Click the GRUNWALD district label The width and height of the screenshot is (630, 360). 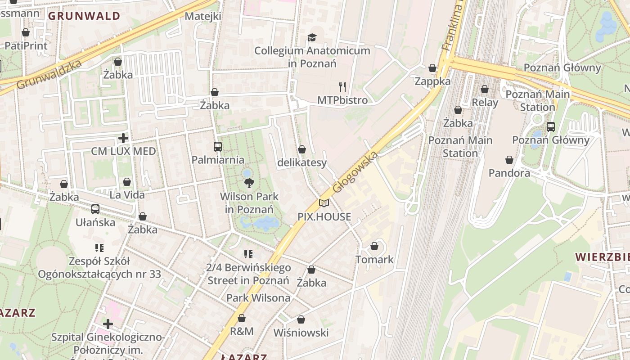pos(84,16)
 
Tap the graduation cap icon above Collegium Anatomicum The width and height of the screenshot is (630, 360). pos(312,37)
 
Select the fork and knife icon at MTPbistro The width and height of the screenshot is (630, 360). pos(343,86)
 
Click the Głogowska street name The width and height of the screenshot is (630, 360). pos(355,172)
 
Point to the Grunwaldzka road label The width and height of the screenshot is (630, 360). pos(49,75)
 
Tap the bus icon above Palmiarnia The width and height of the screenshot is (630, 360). pos(218,146)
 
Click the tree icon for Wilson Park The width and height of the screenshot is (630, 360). pos(249,183)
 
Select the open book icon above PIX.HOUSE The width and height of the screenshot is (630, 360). pos(324,203)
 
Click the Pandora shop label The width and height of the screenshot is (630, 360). pos(509,173)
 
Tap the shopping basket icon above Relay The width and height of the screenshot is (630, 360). pos(485,89)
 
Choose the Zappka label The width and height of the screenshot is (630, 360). pos(432,81)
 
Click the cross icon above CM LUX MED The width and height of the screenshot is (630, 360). pos(123,138)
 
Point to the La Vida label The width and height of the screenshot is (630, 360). pos(127,195)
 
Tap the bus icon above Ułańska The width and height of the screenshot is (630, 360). pos(95,209)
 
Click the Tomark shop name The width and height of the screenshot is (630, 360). pos(374,260)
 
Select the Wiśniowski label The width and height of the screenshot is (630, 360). pos(301,333)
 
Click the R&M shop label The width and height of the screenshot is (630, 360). pos(242,332)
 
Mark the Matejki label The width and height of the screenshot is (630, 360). pos(203,16)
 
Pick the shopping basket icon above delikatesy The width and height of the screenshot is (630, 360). pos(302,149)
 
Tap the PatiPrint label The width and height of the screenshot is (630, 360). pos(26,46)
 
